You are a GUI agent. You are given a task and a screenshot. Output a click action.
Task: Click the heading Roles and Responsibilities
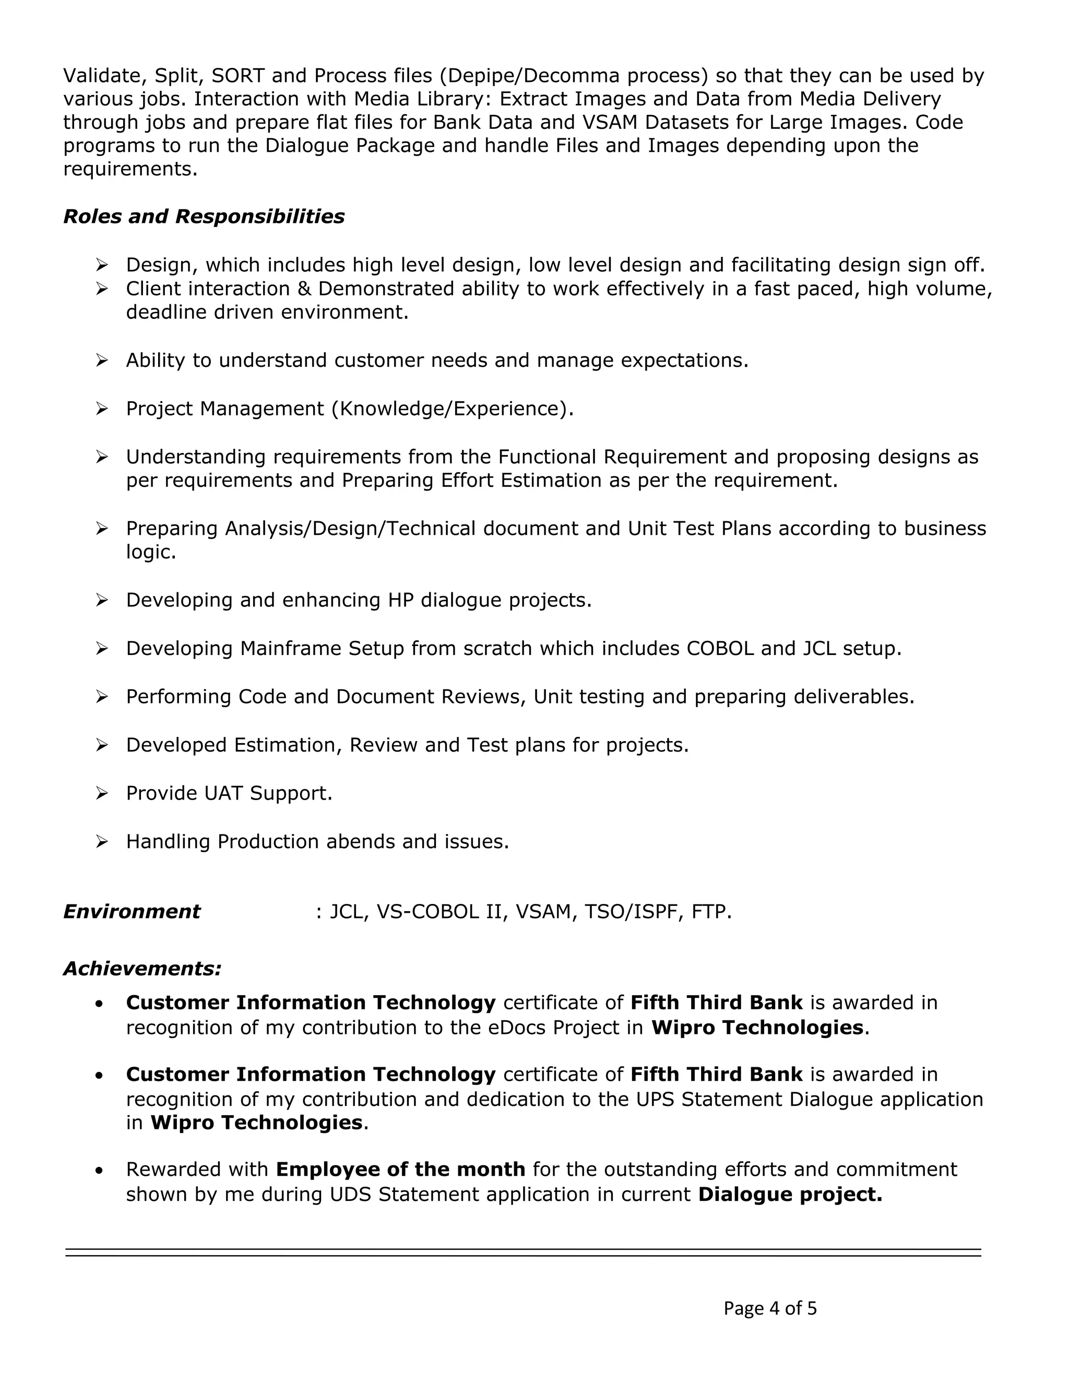pos(204,217)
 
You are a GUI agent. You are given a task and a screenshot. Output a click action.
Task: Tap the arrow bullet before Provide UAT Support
pos(102,793)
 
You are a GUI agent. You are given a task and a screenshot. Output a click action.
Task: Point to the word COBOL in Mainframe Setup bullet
pos(720,648)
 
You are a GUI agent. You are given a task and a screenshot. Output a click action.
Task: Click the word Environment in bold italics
pos(132,912)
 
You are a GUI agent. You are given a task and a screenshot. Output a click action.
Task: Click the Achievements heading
pos(142,969)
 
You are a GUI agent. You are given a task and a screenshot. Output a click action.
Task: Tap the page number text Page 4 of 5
pos(770,1308)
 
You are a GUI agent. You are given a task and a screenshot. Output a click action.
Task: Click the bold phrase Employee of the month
pos(400,1169)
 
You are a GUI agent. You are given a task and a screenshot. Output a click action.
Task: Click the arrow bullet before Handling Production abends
pos(102,842)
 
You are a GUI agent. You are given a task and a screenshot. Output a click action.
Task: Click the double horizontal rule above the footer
pos(523,1253)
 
